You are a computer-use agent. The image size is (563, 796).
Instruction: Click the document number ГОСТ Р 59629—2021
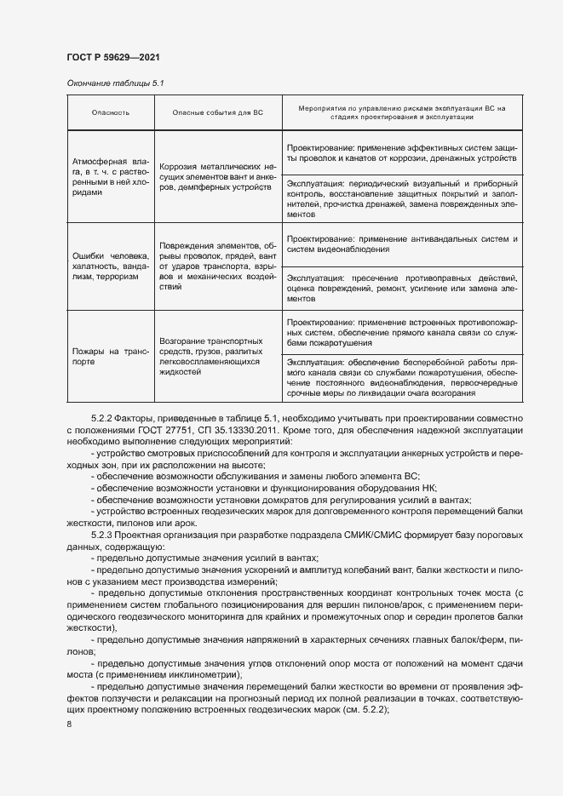point(112,58)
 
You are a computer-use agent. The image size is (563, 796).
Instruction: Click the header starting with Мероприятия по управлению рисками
point(401,112)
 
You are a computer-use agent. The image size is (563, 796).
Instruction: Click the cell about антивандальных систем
point(401,244)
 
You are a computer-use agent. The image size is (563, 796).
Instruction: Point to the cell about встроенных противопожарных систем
point(401,333)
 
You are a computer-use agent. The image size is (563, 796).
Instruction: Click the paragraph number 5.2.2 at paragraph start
point(102,418)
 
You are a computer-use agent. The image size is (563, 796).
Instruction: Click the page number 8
point(69,724)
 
